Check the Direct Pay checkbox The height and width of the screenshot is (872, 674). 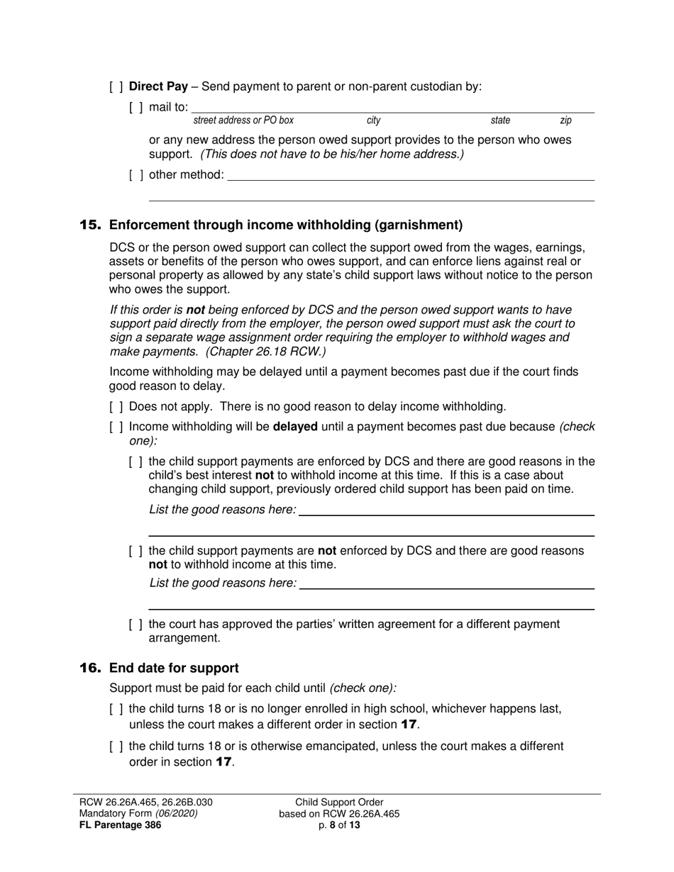[116, 87]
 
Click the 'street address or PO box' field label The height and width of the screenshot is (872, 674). [243, 121]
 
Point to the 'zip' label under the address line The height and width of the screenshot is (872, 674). [565, 121]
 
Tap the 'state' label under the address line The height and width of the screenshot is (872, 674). [500, 121]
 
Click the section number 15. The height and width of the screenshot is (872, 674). [90, 225]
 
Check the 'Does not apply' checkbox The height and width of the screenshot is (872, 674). [116, 407]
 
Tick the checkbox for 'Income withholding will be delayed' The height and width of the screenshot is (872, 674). [116, 427]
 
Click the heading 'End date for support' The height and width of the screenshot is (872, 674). [174, 668]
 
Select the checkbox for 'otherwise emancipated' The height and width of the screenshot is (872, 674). [116, 747]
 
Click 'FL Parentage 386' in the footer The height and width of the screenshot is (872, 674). [120, 825]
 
